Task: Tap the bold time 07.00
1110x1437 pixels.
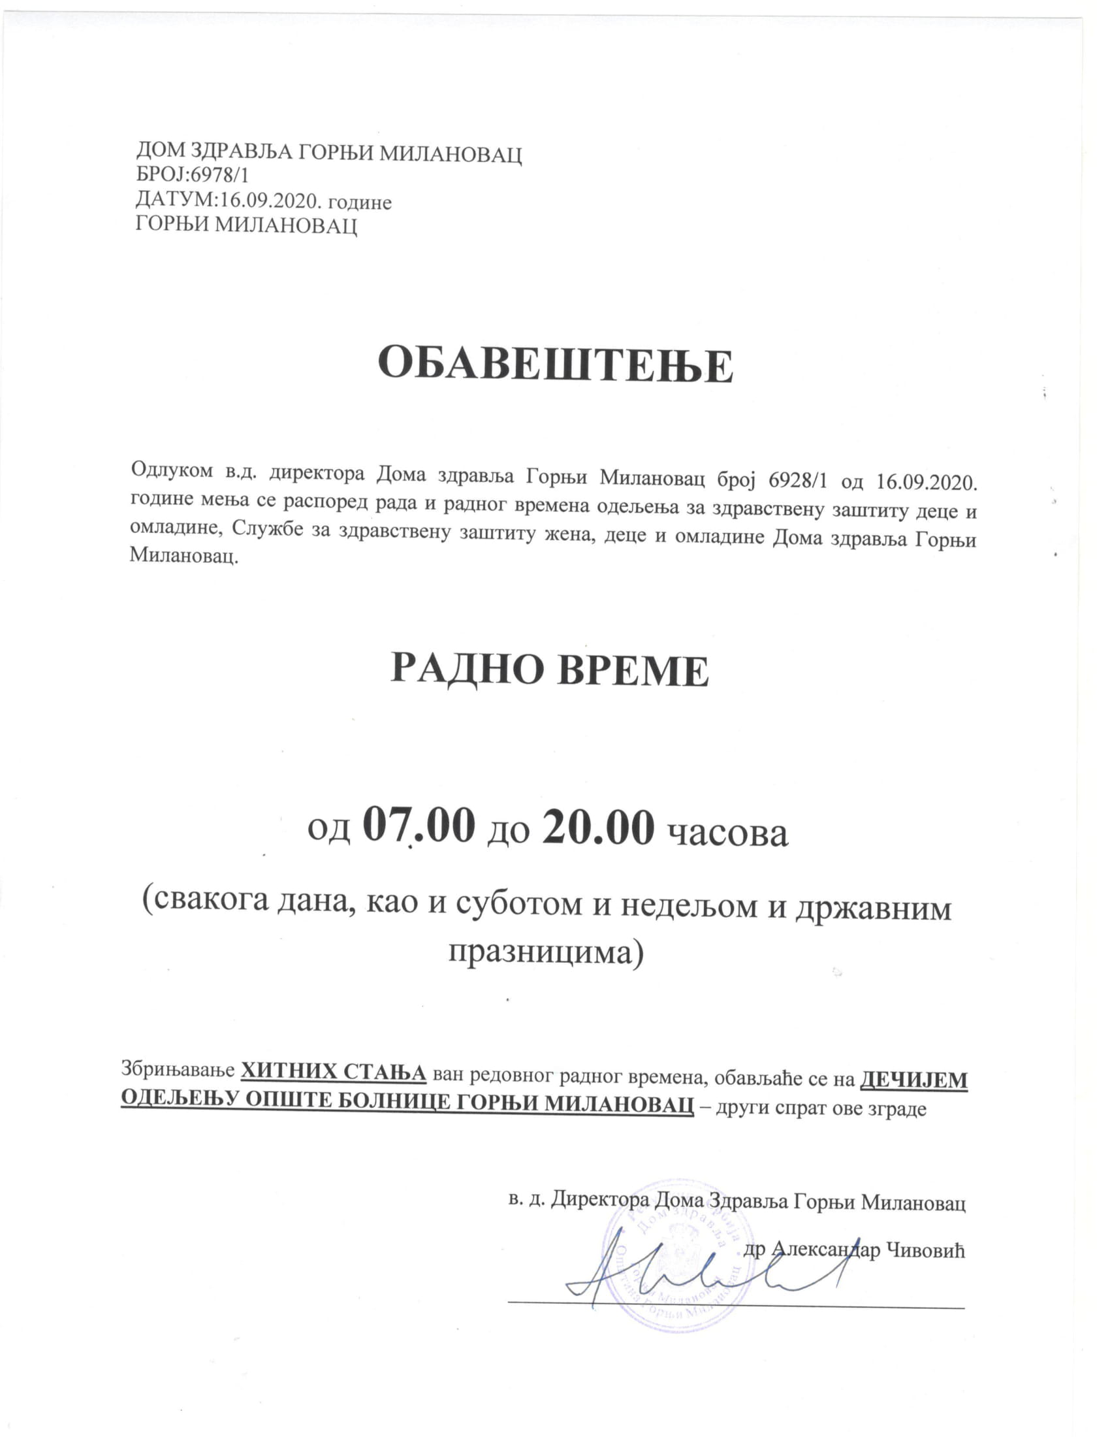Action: pyautogui.click(x=418, y=827)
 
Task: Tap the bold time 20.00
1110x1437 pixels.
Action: pyautogui.click(x=597, y=827)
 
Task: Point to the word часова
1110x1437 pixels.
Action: pyautogui.click(x=727, y=832)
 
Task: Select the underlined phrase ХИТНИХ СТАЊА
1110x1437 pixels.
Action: pyautogui.click(x=334, y=1071)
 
